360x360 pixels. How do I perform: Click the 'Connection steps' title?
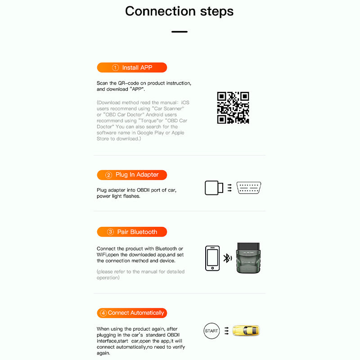tap(179, 11)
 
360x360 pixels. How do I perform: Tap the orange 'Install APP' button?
tap(132, 67)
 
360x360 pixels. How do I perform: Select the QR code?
tap(233, 108)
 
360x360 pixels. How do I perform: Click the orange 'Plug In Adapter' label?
tap(132, 175)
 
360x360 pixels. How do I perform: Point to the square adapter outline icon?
tap(214, 188)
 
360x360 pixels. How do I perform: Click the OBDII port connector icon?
tap(249, 188)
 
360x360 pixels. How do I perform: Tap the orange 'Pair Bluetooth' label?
tap(132, 232)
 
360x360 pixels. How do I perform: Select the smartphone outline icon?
tap(212, 258)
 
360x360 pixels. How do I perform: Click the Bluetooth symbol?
tap(227, 258)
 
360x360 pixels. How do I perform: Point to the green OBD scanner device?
tap(250, 258)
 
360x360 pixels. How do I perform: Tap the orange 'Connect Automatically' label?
tap(132, 313)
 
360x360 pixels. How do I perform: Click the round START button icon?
tap(211, 331)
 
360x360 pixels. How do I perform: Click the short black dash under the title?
tap(179, 32)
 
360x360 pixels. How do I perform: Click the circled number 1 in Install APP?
tap(115, 67)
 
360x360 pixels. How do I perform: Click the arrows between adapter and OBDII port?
tap(229, 188)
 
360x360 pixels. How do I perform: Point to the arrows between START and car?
tap(227, 331)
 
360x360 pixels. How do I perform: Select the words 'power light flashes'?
tap(118, 196)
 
